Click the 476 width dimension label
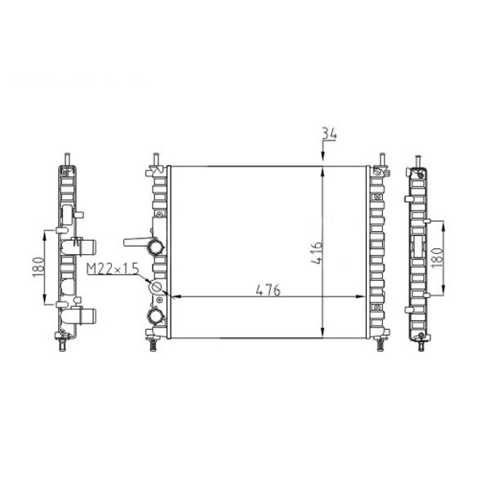(x=268, y=290)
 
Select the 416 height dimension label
(x=317, y=253)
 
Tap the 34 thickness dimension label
(x=329, y=134)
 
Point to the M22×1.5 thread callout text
(x=113, y=269)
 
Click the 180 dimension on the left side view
(x=38, y=267)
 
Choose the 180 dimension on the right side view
(x=437, y=257)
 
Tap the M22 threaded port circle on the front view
(x=156, y=287)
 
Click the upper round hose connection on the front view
(x=155, y=247)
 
